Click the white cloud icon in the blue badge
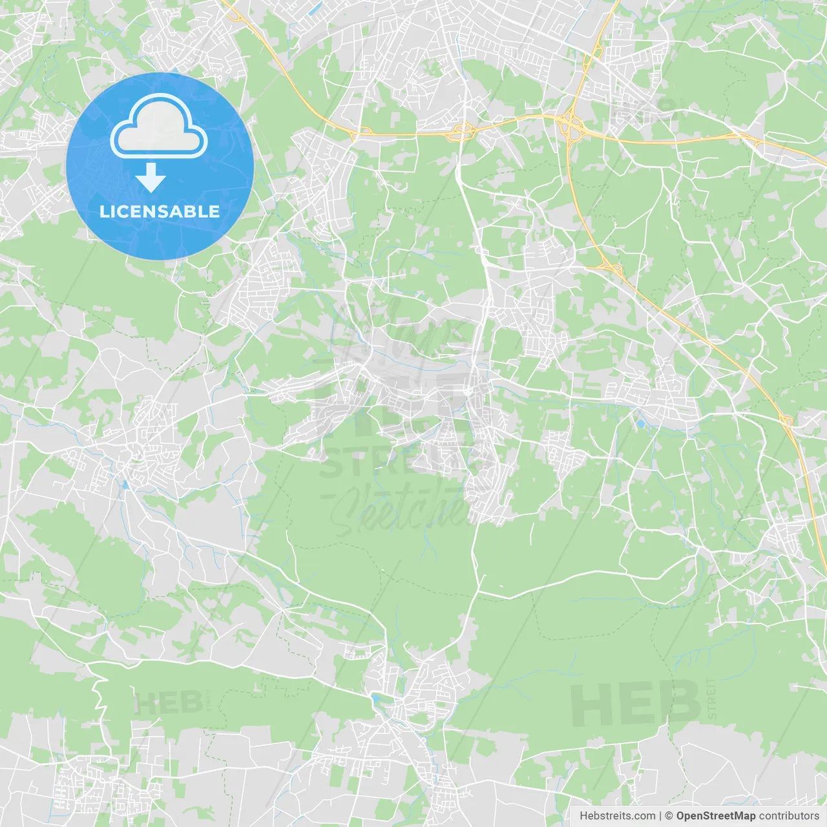click(x=159, y=126)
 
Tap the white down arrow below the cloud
click(x=151, y=178)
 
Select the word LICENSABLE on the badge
click(x=160, y=211)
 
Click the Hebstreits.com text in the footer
click(x=617, y=816)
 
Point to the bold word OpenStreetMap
click(x=715, y=816)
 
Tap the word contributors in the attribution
click(x=789, y=816)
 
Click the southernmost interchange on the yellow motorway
click(x=786, y=422)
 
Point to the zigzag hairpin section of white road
click(x=99, y=698)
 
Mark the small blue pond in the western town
click(x=125, y=483)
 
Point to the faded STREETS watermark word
click(x=401, y=462)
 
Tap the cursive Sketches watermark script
click(x=401, y=510)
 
